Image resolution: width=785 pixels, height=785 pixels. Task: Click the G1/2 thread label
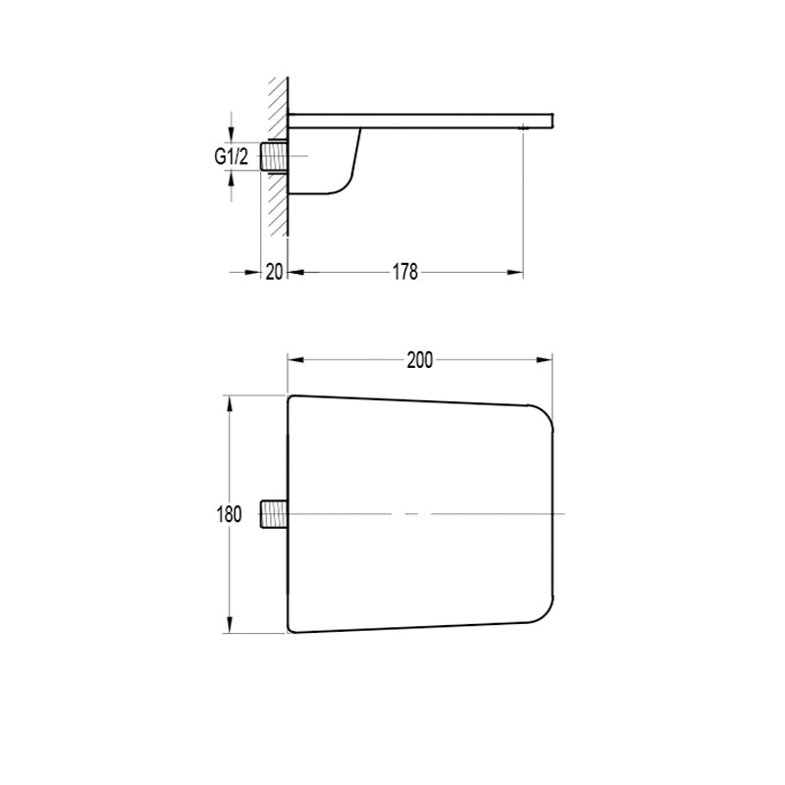(231, 157)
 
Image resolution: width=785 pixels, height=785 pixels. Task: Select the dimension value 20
(274, 272)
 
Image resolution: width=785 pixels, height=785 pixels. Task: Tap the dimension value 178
(404, 272)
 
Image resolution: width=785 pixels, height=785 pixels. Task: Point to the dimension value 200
(420, 360)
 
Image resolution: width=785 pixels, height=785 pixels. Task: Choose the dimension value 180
(230, 514)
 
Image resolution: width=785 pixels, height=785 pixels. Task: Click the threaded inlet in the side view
(274, 157)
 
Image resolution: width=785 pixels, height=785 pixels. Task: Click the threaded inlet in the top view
(275, 513)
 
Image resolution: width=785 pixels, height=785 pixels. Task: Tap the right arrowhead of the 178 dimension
(515, 273)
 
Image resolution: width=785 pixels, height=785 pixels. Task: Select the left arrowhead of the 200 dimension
(296, 360)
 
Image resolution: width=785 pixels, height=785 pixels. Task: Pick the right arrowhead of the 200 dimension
(545, 360)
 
